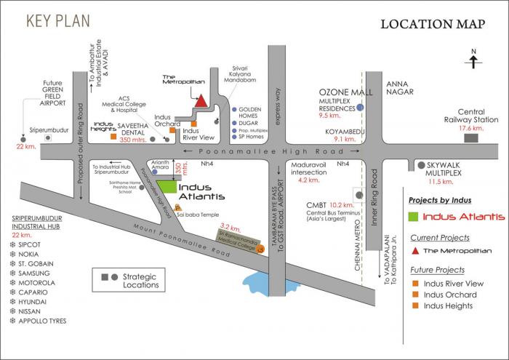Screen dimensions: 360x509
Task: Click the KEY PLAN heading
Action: pyautogui.click(x=60, y=20)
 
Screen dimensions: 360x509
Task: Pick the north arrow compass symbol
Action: pyautogui.click(x=473, y=60)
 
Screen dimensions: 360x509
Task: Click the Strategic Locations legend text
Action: pyautogui.click(x=140, y=281)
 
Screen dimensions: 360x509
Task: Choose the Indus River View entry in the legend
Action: pyautogui.click(x=453, y=283)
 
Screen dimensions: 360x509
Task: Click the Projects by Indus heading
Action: pyautogui.click(x=441, y=199)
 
